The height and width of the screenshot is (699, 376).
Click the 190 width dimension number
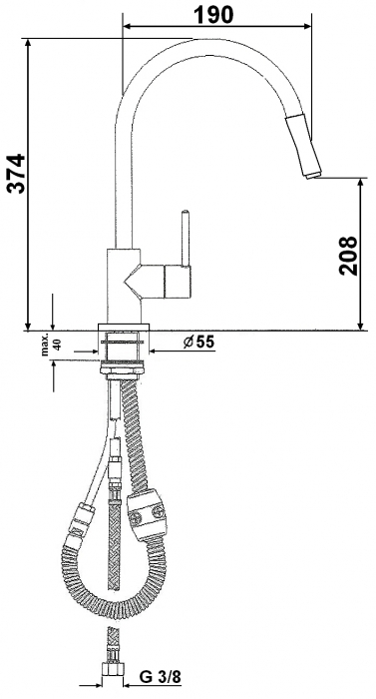coord(213,15)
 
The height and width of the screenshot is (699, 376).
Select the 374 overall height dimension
coord(18,173)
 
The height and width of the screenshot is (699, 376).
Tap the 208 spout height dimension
coord(348,255)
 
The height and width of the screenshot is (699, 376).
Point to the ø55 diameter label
coord(198,342)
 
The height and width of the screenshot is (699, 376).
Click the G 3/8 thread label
coord(160,677)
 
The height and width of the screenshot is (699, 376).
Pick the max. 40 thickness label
coord(52,346)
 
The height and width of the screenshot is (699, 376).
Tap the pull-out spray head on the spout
coord(303,146)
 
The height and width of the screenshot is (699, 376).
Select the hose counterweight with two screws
coord(147,514)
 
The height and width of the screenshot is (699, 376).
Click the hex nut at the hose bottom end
coord(113,668)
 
